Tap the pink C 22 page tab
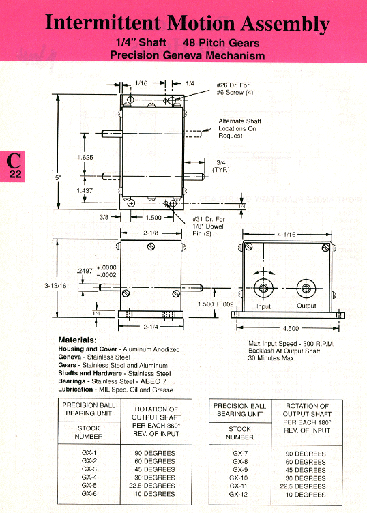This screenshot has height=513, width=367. [12, 166]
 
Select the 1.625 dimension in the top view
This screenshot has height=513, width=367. [85, 158]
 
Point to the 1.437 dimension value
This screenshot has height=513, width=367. [85, 190]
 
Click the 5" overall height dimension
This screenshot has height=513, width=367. [58, 177]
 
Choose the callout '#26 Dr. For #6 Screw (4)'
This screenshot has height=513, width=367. [235, 89]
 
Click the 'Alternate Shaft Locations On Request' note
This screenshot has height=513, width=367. [239, 128]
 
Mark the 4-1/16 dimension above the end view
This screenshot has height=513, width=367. [287, 234]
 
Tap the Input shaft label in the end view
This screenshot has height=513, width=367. [263, 306]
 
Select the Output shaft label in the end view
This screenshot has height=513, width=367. [306, 306]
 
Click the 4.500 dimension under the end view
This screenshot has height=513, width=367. [291, 329]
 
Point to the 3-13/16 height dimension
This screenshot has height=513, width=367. [56, 286]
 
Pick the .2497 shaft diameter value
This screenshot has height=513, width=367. [85, 271]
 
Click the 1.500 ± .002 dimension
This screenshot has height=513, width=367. [216, 304]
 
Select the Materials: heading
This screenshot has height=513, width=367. [78, 340]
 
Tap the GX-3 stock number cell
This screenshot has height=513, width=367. [89, 469]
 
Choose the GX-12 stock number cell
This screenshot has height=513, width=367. [239, 495]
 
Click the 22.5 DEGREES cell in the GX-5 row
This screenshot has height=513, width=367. [151, 486]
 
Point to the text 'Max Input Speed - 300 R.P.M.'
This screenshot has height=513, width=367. [291, 344]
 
